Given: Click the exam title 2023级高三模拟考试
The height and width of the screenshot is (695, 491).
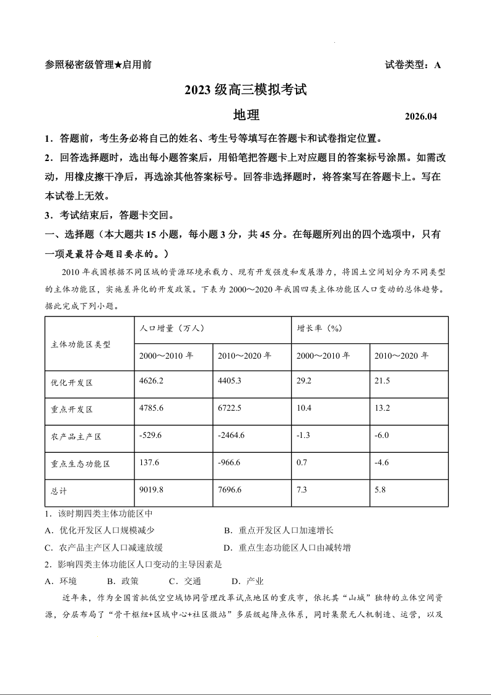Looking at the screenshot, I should (246, 90).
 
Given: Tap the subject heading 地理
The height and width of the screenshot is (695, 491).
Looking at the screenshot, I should (246, 115).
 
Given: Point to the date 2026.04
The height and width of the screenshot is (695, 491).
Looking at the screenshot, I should (420, 116).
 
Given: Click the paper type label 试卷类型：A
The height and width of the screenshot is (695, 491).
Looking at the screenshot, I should (412, 64).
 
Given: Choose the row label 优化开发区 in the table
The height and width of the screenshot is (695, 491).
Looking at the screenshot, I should (72, 383).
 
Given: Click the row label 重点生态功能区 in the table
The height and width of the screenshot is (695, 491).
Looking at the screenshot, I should (80, 464).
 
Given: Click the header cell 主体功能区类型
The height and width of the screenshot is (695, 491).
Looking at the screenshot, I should (80, 344).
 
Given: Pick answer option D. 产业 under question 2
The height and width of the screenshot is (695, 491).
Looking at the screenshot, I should (248, 581).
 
